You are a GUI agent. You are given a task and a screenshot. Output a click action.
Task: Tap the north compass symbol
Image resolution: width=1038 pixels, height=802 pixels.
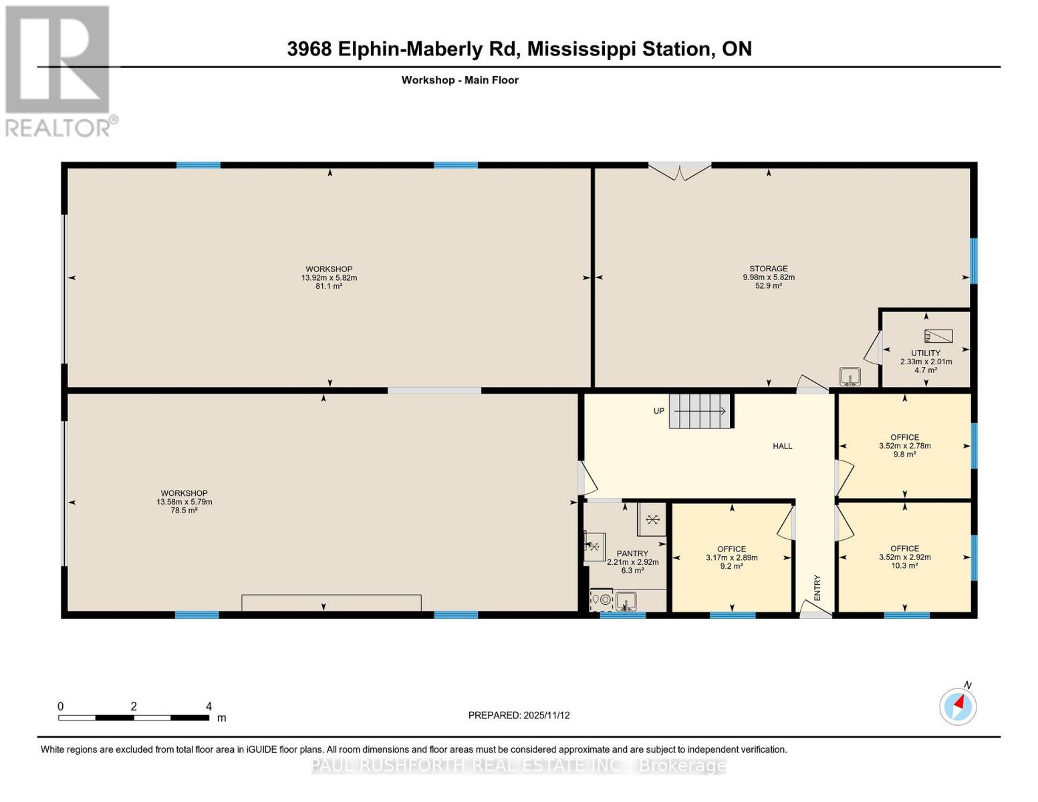[958, 706]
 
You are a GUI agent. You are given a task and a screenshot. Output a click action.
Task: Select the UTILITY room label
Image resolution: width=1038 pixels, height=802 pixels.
[926, 353]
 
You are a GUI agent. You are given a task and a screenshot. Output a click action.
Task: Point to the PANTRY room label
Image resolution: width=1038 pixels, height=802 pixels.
[632, 553]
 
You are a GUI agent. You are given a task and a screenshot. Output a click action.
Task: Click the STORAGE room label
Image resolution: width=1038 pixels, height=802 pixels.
[769, 269]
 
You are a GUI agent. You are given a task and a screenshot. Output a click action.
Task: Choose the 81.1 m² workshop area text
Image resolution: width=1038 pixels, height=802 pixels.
[329, 286]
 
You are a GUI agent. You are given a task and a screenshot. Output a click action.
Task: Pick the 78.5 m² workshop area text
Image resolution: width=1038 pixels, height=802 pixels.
[184, 511]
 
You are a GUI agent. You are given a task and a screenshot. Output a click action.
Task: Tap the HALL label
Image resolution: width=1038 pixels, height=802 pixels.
[783, 446]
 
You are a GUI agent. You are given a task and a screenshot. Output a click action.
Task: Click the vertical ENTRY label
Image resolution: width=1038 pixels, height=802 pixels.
[817, 587]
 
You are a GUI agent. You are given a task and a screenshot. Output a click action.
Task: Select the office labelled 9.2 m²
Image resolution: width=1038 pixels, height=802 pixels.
[731, 557]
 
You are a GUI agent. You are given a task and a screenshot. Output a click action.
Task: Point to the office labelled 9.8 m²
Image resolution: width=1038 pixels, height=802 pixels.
[904, 446]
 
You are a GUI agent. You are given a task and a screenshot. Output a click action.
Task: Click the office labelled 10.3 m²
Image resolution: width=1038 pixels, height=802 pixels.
[904, 557]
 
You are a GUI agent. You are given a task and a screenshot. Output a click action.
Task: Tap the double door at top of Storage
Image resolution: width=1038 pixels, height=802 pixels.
[680, 171]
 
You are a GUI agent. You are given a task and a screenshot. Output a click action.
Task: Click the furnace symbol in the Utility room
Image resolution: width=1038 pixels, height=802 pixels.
[938, 336]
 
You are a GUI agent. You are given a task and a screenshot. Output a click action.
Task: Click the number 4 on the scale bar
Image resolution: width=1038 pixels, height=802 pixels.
[209, 706]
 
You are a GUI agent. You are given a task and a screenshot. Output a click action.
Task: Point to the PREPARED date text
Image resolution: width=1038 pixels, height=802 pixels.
[519, 715]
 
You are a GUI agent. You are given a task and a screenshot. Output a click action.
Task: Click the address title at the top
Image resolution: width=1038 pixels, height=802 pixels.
[519, 49]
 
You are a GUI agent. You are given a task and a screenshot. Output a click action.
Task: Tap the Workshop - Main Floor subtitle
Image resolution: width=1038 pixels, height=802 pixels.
[460, 80]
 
